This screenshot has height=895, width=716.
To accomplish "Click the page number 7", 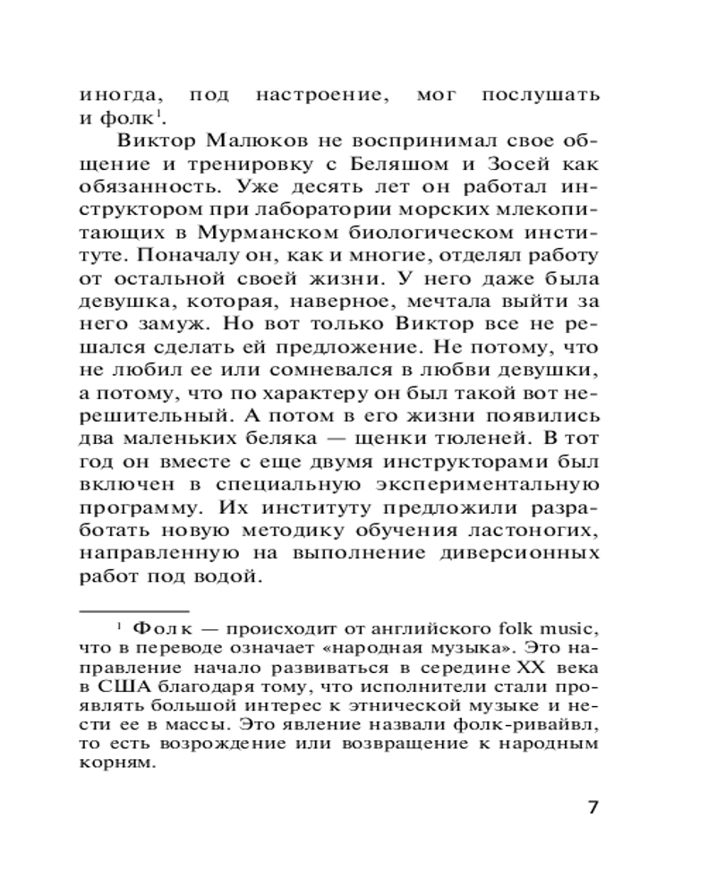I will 592,806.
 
